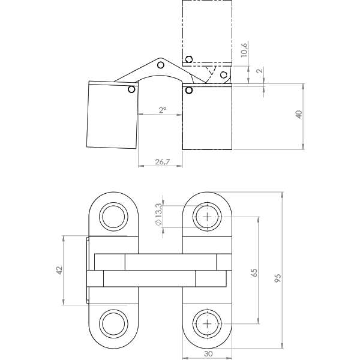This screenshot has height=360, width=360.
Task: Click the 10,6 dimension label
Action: point(244,50)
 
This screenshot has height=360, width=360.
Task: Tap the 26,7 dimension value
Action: point(163,162)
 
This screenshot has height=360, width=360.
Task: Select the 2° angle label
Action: point(163,110)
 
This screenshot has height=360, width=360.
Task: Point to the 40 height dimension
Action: point(299,115)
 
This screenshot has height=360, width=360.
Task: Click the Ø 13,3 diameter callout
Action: point(158,214)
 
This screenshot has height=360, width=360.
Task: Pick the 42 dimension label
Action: point(59,270)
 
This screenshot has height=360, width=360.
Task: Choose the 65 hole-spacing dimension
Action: point(254,272)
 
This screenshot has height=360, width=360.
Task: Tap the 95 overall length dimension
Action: point(278,278)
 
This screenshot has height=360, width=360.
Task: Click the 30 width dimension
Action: point(208,354)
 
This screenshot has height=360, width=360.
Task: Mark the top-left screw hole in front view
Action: point(113,217)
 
